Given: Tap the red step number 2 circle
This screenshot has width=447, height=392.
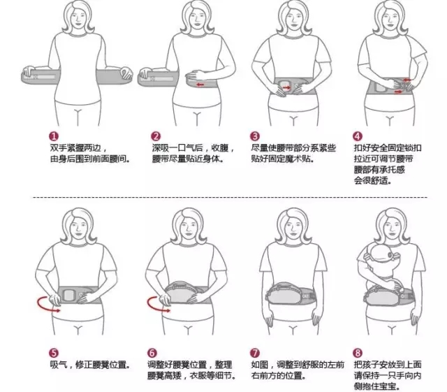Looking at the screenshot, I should point(156,136).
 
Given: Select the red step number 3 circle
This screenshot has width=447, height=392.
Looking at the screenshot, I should point(256,136).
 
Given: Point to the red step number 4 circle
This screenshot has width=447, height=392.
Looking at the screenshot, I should point(358,136).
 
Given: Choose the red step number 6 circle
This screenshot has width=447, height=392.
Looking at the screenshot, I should point(152,354).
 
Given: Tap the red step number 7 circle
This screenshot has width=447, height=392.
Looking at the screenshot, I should point(256,354).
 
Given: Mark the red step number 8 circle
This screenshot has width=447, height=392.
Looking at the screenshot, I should point(358,354).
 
